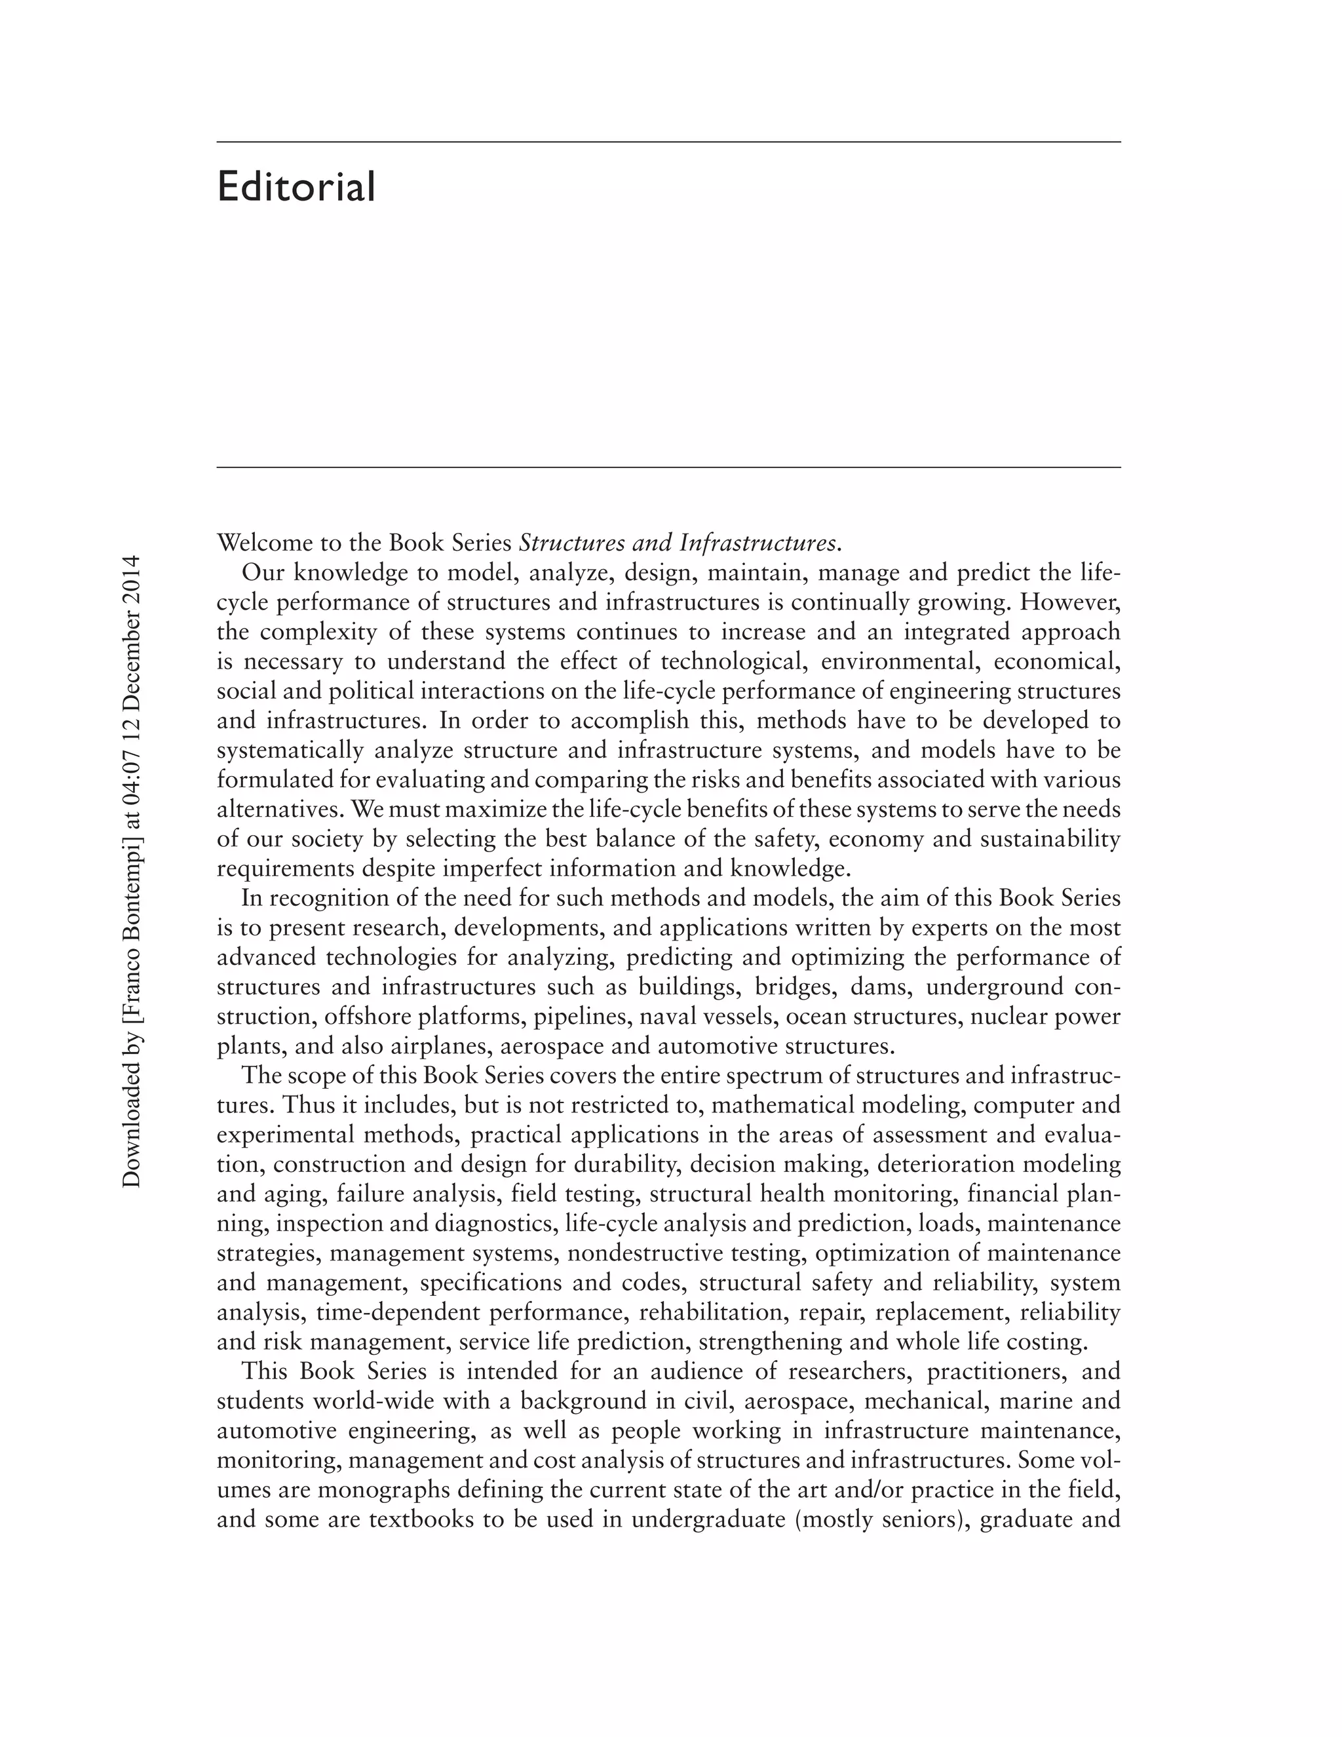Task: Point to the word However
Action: (1070, 602)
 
